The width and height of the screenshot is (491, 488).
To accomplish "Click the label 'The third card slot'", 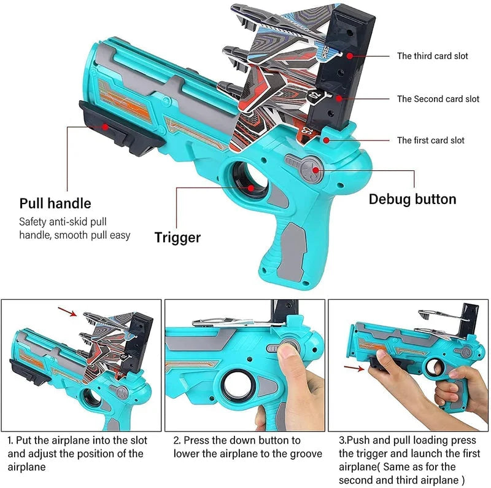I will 432,56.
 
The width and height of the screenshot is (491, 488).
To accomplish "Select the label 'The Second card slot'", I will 438,98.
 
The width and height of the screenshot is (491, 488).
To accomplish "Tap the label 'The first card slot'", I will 430,140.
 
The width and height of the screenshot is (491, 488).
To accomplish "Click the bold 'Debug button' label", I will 412,199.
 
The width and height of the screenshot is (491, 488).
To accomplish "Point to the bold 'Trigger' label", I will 177,237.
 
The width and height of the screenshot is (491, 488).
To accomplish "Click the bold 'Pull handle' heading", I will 55,203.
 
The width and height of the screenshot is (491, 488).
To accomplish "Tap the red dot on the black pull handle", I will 106,127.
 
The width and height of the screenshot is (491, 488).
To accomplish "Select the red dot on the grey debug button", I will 315,168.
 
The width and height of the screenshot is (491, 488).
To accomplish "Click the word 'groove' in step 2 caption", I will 303,454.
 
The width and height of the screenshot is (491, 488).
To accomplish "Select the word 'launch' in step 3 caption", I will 407,454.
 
